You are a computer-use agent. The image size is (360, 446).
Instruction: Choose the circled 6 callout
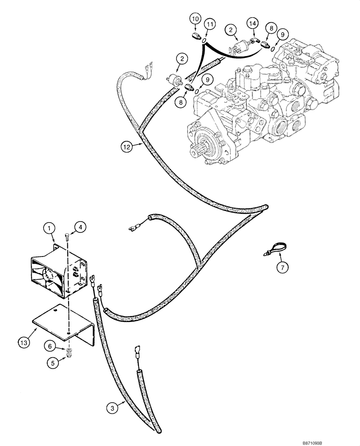(52, 345)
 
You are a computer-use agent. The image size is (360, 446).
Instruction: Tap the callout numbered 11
(209, 24)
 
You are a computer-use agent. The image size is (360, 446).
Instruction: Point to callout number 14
(252, 24)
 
